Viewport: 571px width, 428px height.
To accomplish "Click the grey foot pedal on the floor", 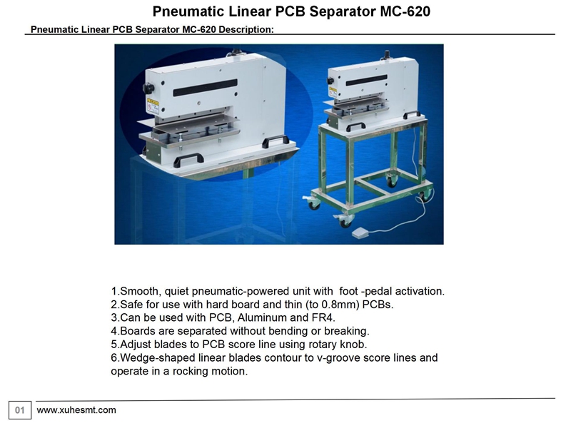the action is point(361,233).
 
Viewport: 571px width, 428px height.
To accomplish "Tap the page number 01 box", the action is point(20,411).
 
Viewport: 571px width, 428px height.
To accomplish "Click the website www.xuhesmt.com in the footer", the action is point(76,410).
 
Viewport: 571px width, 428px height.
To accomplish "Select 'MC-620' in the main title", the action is point(405,11).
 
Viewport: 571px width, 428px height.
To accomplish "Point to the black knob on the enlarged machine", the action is point(148,88).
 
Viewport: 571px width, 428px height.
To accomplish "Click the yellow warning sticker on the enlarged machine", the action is point(153,106).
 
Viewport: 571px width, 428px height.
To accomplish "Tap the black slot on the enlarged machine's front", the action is point(205,88).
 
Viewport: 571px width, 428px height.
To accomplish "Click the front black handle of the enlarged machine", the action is point(188,159).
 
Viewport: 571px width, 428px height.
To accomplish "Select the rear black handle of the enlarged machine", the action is point(276,140).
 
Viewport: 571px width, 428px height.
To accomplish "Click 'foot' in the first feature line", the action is point(348,291).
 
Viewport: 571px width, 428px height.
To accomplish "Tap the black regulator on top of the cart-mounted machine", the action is point(387,56).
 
